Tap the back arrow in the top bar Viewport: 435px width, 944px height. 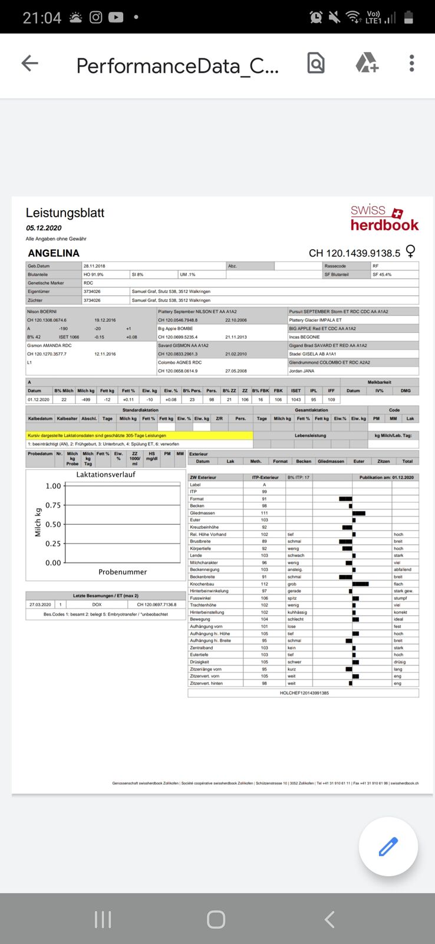pyautogui.click(x=29, y=64)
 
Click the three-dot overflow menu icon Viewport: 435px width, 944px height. pyautogui.click(x=411, y=64)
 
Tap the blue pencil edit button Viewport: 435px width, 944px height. pyautogui.click(x=388, y=847)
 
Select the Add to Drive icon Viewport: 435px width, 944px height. pyautogui.click(x=366, y=63)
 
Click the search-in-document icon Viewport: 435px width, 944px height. pyautogui.click(x=316, y=63)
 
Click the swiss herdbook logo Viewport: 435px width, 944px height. pyautogui.click(x=384, y=217)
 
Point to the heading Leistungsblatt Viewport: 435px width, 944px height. pyautogui.click(x=65, y=213)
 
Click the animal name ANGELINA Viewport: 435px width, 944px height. pyautogui.click(x=54, y=253)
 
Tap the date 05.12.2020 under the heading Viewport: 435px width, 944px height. pyautogui.click(x=44, y=228)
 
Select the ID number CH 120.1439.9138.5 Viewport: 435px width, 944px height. pyautogui.click(x=354, y=253)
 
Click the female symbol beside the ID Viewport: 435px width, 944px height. pyautogui.click(x=411, y=251)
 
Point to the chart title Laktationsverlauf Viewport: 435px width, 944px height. pyautogui.click(x=106, y=475)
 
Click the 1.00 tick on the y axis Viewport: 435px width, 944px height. pyautogui.click(x=53, y=486)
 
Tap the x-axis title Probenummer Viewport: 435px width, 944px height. pyautogui.click(x=123, y=572)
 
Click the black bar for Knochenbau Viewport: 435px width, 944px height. pyautogui.click(x=360, y=584)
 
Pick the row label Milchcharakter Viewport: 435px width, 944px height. pyautogui.click(x=204, y=563)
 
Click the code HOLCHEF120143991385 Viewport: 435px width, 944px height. pyautogui.click(x=304, y=693)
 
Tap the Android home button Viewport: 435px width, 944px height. pyautogui.click(x=216, y=919)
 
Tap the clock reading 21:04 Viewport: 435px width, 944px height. pyautogui.click(x=42, y=18)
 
